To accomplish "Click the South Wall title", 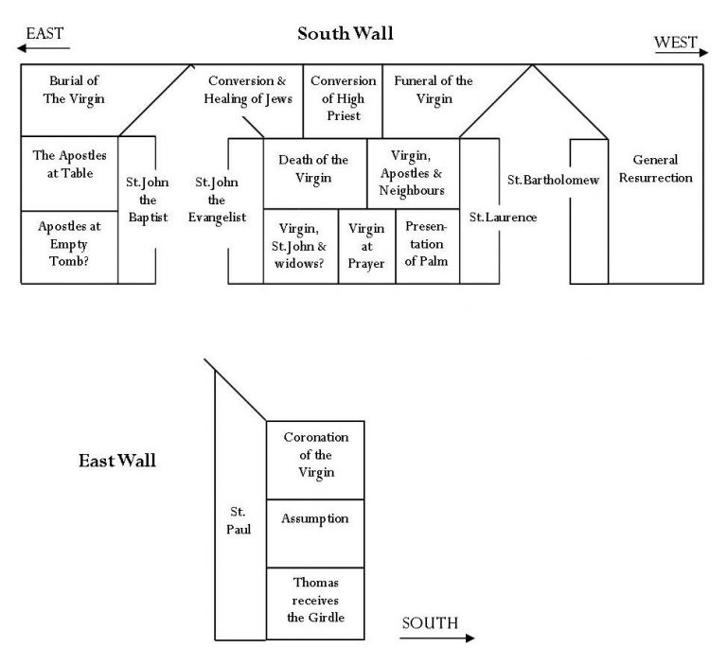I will (345, 34).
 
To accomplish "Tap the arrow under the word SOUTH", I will (436, 639).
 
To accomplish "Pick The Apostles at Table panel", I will (69, 164).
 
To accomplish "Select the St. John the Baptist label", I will (147, 199).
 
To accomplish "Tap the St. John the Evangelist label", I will (220, 199).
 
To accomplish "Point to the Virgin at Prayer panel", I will (366, 246).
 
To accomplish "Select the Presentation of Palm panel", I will (427, 245).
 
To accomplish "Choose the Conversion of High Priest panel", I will (343, 98).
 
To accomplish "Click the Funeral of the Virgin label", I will (433, 90).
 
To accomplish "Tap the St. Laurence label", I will (503, 218).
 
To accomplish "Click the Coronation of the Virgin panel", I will (316, 455).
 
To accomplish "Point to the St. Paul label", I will (239, 521).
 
